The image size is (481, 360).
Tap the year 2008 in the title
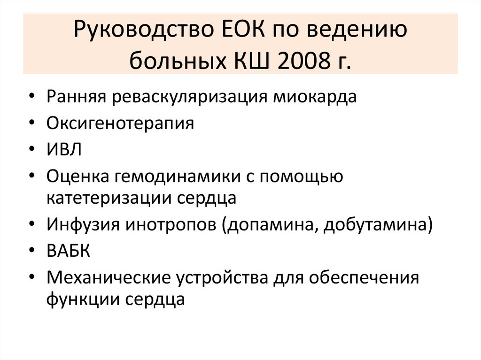(x=305, y=61)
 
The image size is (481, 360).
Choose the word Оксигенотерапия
(x=120, y=123)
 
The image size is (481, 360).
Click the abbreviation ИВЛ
(x=64, y=150)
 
